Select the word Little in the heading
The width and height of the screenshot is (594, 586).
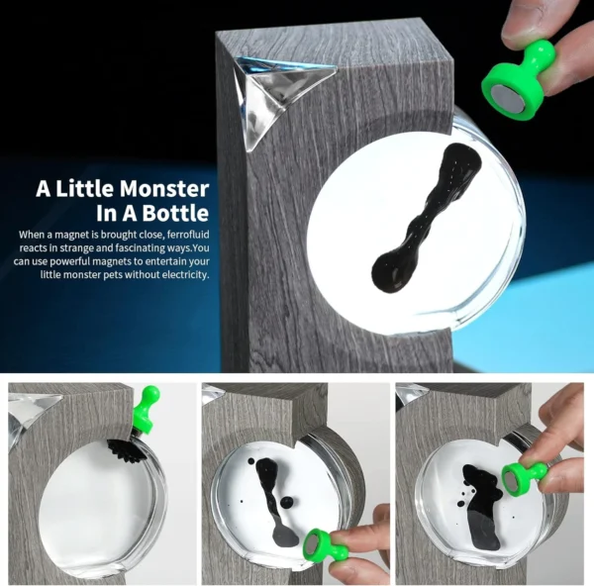click(91, 188)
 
